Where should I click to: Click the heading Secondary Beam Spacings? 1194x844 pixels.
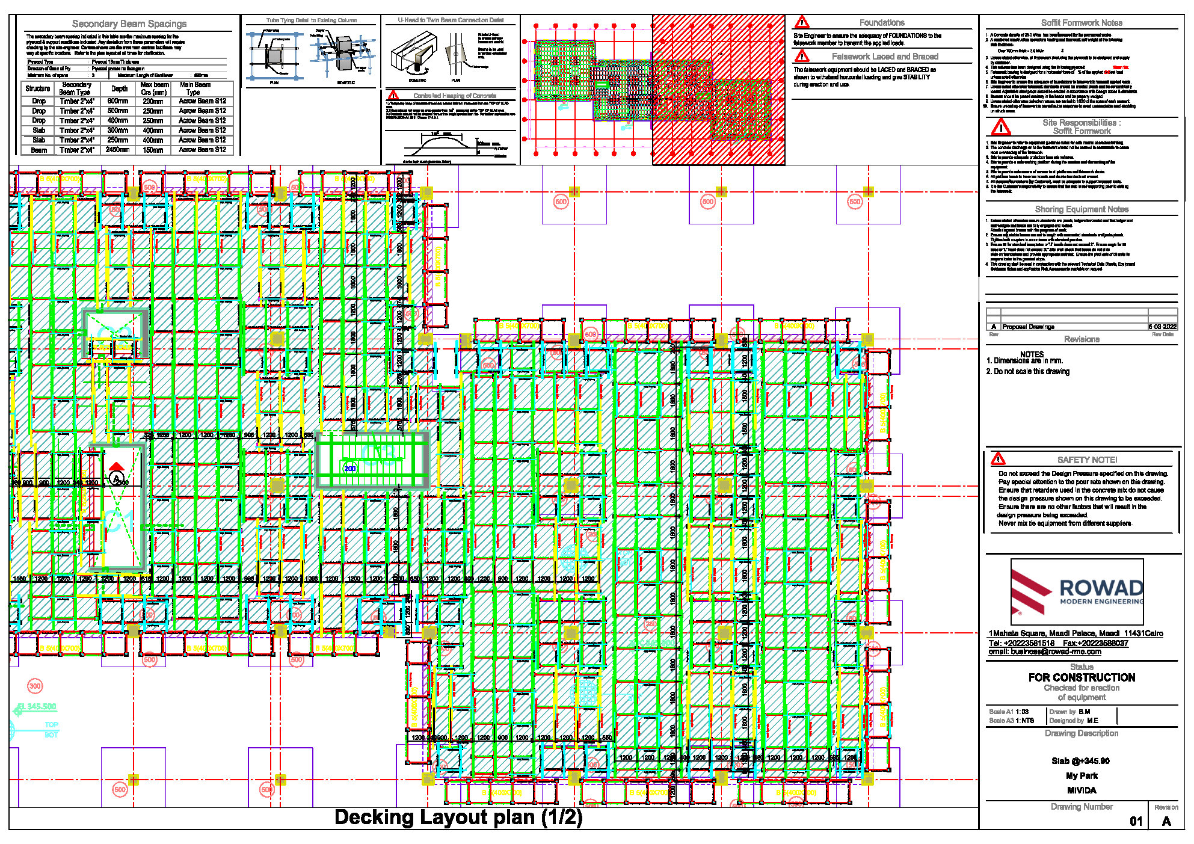tap(129, 24)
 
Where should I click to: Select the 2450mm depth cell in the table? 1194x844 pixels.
tap(117, 150)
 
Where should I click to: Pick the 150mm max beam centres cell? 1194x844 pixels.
tap(153, 150)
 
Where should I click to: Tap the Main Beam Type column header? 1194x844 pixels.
tap(194, 88)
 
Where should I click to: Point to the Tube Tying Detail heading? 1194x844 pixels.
tap(311, 20)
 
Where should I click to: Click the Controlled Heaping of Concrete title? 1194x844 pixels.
tap(454, 96)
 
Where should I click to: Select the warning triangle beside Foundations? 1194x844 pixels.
tap(802, 23)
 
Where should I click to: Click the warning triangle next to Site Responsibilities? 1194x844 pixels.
tap(1000, 127)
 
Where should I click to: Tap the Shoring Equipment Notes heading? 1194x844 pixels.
tap(1081, 209)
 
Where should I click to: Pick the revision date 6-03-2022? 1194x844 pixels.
tap(1162, 327)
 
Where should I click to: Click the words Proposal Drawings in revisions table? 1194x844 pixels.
tap(1028, 327)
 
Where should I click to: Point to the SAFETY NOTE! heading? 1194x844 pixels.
tap(1086, 460)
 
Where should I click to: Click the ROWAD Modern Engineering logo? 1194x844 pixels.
tap(1077, 592)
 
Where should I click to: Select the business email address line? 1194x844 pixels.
tap(1045, 651)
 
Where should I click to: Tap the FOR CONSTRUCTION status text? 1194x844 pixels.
tap(1082, 677)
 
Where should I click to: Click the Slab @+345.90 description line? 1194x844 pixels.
tap(1080, 761)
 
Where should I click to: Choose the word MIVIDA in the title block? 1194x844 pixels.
tap(1081, 790)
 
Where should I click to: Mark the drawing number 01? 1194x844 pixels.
tap(1135, 821)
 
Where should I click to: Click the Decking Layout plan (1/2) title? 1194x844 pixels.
tap(458, 818)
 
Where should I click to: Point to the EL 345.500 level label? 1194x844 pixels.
tap(37, 706)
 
